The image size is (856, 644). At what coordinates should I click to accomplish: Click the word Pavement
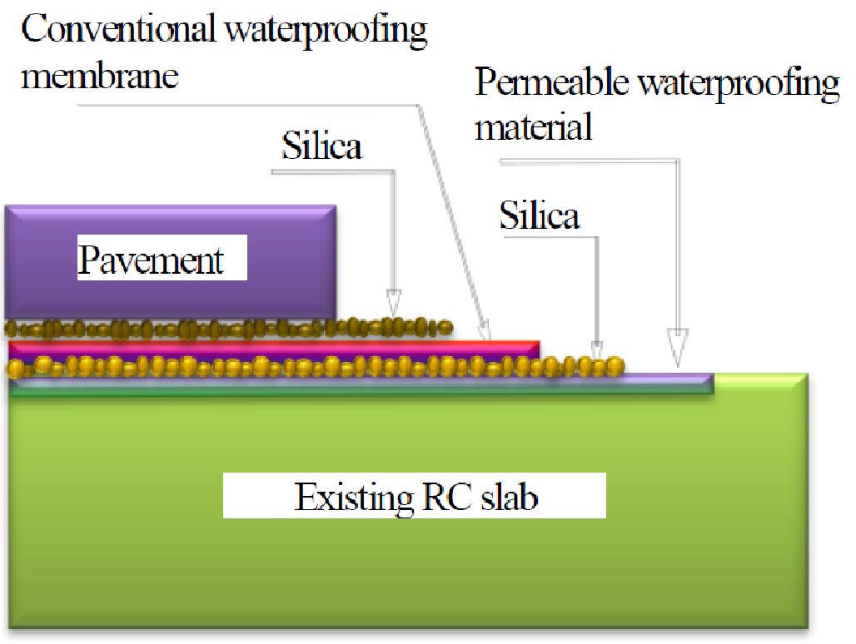[150, 260]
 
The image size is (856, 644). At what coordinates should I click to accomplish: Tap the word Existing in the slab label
[354, 498]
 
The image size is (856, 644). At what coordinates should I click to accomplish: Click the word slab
[510, 497]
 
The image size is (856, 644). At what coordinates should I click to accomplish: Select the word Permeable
[552, 82]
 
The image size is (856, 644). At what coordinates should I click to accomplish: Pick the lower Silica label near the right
[540, 215]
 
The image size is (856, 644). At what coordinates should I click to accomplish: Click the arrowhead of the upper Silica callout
[394, 303]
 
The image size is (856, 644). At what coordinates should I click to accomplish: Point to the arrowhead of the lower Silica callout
[597, 349]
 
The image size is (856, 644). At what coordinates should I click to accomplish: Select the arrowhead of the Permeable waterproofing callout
[678, 347]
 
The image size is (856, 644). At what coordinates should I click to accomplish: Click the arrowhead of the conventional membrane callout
[485, 331]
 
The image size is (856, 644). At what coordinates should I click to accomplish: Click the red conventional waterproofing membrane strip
[275, 347]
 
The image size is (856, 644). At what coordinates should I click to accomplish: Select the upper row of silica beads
[229, 329]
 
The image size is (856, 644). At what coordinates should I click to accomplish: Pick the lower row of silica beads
[315, 366]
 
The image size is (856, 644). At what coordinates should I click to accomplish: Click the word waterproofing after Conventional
[326, 30]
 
